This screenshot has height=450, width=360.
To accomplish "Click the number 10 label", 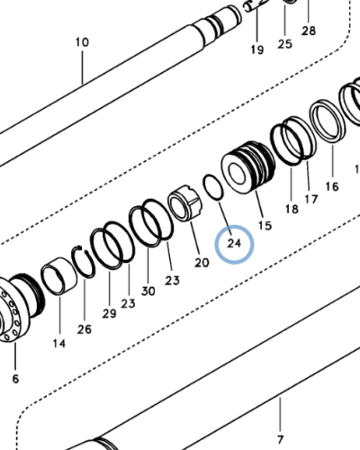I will click(82, 42).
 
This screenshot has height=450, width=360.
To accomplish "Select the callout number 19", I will click(256, 49).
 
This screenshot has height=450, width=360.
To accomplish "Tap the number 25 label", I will click(284, 43).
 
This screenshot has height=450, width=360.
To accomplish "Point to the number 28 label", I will click(309, 31).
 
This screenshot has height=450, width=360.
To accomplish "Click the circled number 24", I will click(234, 242).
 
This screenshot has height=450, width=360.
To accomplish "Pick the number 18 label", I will click(292, 209).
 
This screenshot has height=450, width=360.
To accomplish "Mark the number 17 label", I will click(310, 199).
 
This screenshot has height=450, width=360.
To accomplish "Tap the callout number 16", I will click(331, 186).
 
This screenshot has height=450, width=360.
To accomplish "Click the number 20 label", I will click(202, 262).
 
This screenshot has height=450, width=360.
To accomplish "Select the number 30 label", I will click(148, 292).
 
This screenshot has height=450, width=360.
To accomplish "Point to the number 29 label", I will click(109, 312).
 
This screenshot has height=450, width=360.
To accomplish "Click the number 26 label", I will click(85, 329).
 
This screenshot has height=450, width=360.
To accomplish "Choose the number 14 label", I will click(58, 343).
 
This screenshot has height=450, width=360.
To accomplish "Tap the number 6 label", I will click(14, 379).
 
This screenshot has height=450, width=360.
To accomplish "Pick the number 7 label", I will click(280, 439).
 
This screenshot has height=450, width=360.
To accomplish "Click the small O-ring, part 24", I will click(212, 187).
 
